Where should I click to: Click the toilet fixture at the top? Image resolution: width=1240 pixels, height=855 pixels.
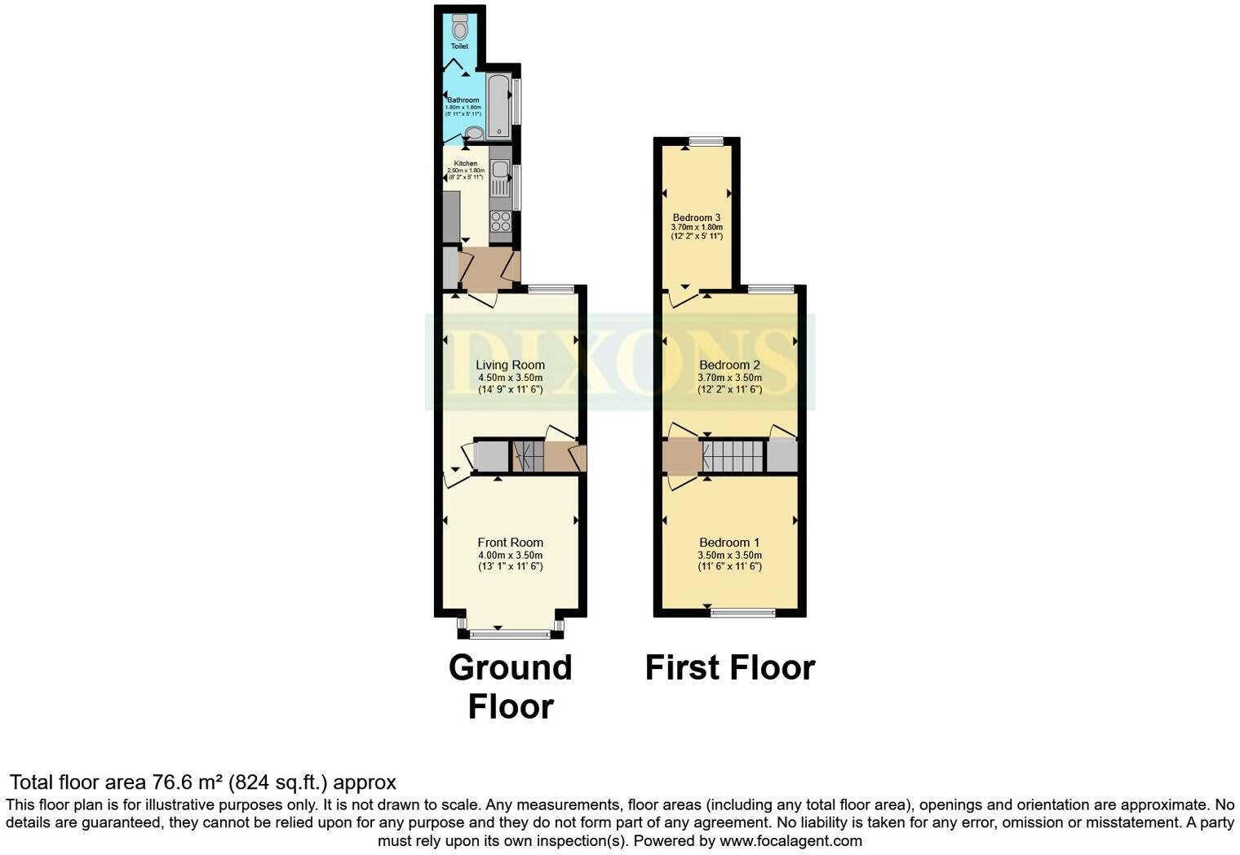pyautogui.click(x=460, y=28)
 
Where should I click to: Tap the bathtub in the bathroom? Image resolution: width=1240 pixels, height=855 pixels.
pyautogui.click(x=498, y=107)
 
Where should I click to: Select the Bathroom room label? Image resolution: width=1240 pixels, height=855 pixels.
pyautogui.click(x=463, y=100)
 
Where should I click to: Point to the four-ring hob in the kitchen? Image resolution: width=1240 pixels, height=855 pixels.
pyautogui.click(x=500, y=221)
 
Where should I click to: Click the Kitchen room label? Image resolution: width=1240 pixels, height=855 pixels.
pyautogui.click(x=465, y=164)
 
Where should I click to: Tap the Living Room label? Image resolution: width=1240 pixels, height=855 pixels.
pyautogui.click(x=510, y=365)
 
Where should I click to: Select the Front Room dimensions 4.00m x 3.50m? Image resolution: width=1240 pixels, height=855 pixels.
pyautogui.click(x=510, y=555)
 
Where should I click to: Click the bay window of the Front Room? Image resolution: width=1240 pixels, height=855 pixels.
pyautogui.click(x=511, y=634)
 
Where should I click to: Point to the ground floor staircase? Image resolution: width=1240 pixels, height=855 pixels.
pyautogui.click(x=528, y=456)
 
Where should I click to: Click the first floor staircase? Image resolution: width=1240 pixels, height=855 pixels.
pyautogui.click(x=733, y=456)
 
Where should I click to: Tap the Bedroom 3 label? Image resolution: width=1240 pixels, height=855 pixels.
pyautogui.click(x=696, y=218)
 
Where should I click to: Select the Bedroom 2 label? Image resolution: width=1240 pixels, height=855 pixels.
pyautogui.click(x=729, y=365)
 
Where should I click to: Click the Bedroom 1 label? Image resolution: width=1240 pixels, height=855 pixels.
pyautogui.click(x=729, y=543)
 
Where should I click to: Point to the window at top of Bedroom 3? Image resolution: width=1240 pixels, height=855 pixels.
pyautogui.click(x=706, y=142)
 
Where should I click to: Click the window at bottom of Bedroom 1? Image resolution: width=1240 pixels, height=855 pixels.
pyautogui.click(x=742, y=612)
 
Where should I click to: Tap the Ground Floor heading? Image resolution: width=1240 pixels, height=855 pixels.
pyautogui.click(x=511, y=686)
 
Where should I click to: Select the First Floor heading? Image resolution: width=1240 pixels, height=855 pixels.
pyautogui.click(x=729, y=667)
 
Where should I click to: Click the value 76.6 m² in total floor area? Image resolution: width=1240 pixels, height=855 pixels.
pyautogui.click(x=188, y=782)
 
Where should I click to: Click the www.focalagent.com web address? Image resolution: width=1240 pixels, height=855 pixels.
pyautogui.click(x=790, y=840)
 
